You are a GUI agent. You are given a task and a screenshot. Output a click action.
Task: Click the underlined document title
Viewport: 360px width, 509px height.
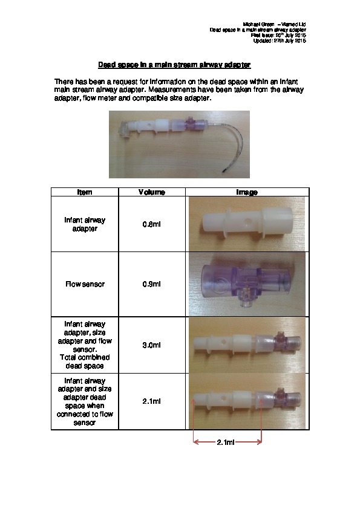(x=174, y=65)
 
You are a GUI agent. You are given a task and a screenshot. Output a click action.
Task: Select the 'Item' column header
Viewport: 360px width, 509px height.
(x=85, y=192)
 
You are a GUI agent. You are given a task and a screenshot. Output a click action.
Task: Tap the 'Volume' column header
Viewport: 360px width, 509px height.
(x=152, y=192)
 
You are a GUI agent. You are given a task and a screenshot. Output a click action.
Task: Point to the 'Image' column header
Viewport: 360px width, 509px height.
(x=247, y=192)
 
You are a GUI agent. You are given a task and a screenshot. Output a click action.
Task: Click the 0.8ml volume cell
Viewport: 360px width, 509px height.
(x=152, y=224)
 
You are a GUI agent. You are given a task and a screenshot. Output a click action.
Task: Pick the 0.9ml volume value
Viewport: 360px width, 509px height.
(x=152, y=284)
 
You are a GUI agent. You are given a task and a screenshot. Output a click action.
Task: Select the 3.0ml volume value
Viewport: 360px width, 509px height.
(x=152, y=345)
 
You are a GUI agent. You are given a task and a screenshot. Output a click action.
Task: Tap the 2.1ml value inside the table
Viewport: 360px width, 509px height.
(x=152, y=401)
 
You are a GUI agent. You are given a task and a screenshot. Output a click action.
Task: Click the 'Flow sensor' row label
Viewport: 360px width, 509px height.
(x=85, y=284)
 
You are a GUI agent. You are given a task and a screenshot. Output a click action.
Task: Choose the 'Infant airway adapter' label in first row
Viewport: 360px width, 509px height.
(x=85, y=224)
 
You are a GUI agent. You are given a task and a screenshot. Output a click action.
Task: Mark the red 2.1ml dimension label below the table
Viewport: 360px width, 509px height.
(x=226, y=442)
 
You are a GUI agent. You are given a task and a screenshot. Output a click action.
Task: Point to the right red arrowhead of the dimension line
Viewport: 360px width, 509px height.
(x=260, y=442)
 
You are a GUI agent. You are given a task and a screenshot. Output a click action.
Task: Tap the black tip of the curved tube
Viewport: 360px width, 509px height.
(x=224, y=170)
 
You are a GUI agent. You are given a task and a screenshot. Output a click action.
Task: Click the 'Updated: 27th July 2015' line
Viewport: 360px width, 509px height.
(x=280, y=41)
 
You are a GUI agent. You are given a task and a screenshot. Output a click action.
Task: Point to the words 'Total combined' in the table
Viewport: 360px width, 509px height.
(x=85, y=357)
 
